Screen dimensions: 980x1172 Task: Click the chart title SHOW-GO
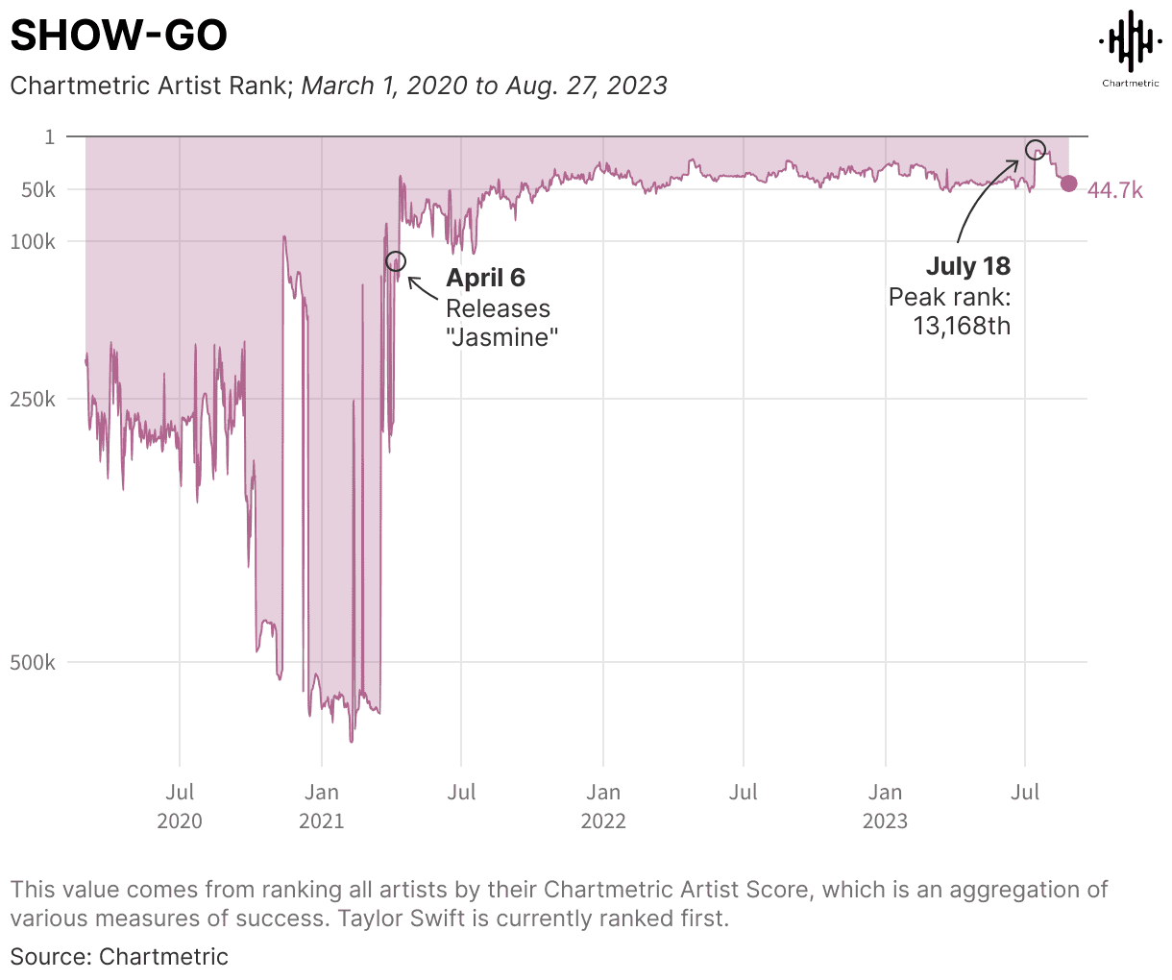pyautogui.click(x=118, y=37)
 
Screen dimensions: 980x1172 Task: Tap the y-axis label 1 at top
pyautogui.click(x=50, y=137)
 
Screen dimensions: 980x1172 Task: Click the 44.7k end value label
pyautogui.click(x=1114, y=191)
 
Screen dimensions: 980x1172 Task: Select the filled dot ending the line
pyautogui.click(x=1068, y=184)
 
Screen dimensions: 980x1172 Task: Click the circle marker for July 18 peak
pyautogui.click(x=1035, y=149)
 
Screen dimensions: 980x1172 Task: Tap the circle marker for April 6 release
pyautogui.click(x=396, y=261)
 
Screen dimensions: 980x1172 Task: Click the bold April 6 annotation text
pyautogui.click(x=485, y=279)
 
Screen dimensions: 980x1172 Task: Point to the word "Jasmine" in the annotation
pyautogui.click(x=502, y=337)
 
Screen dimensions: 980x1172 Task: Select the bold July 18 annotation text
pyautogui.click(x=967, y=267)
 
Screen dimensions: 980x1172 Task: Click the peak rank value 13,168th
pyautogui.click(x=961, y=326)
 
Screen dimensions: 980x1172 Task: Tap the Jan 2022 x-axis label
pyautogui.click(x=603, y=805)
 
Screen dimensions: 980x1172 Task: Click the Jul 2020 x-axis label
pyautogui.click(x=180, y=805)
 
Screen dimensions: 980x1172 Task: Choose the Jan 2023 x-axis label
pyautogui.click(x=885, y=805)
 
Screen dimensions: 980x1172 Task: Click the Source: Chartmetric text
pyautogui.click(x=119, y=957)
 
